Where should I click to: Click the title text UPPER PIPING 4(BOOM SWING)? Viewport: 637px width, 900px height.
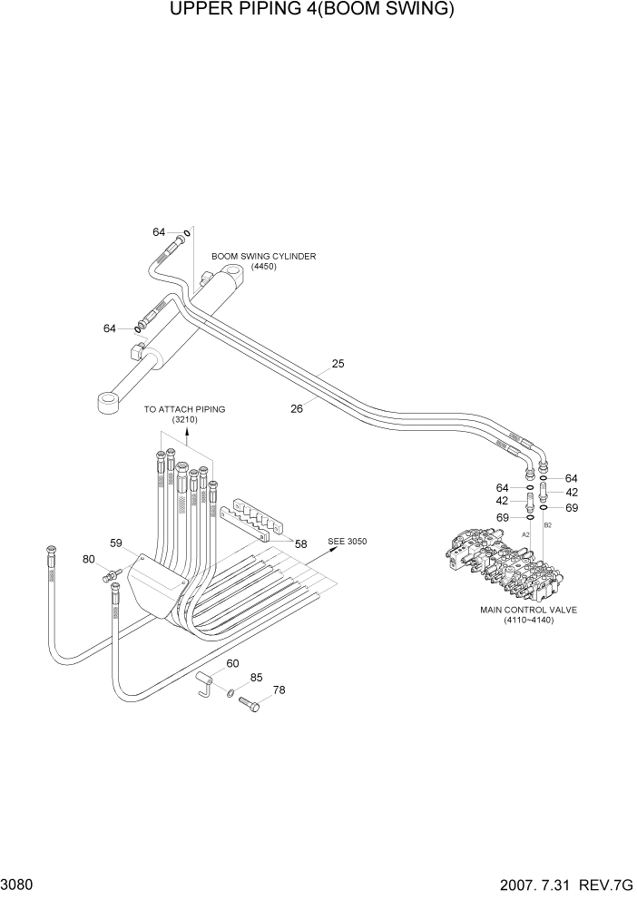coord(311,11)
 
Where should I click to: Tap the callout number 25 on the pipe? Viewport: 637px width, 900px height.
coord(338,364)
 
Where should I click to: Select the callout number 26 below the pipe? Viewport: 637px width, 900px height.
coord(296,408)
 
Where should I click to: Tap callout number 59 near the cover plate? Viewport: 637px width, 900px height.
coord(116,543)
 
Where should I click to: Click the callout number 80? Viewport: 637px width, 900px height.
coord(88,559)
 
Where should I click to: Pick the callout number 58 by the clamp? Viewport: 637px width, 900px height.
coord(300,544)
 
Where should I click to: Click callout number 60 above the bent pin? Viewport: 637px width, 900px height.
coord(232,664)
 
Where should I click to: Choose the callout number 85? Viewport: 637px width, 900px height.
coord(257,678)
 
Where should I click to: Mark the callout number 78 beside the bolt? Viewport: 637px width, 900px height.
coord(279,690)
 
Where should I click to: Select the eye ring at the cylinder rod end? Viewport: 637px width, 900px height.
coord(108,400)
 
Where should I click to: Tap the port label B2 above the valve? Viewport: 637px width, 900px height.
coord(547,525)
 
